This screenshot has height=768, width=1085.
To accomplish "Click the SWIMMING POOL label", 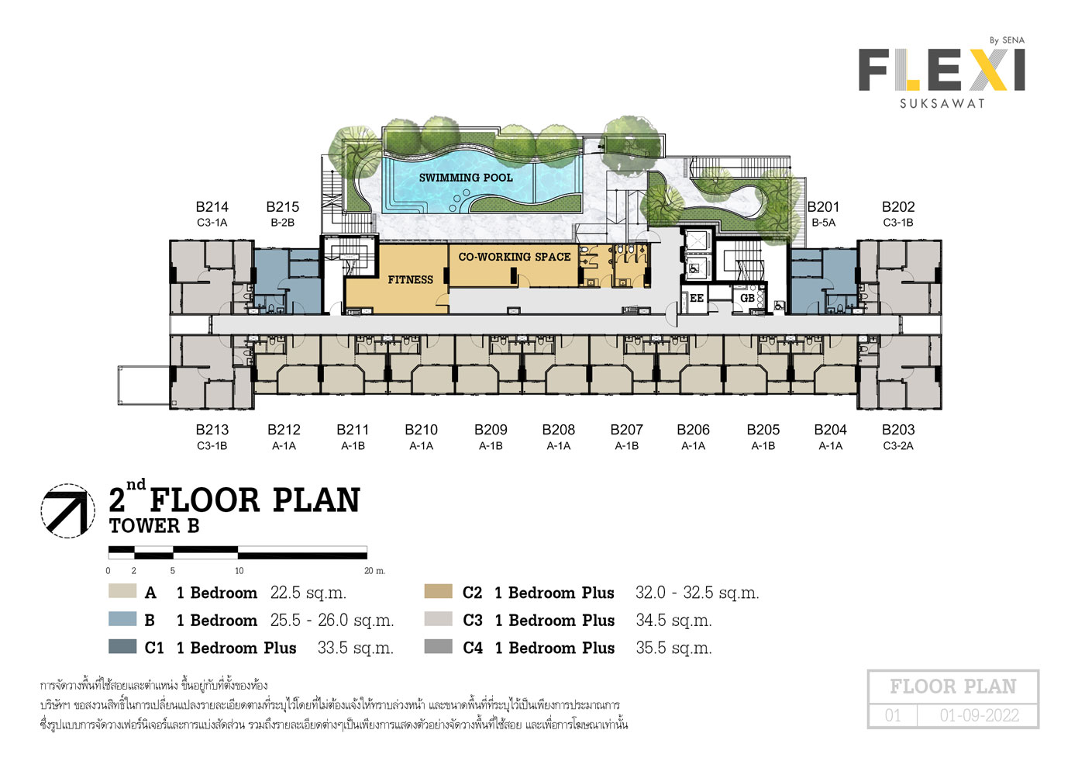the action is [466, 178].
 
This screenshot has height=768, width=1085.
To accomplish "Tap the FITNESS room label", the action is [410, 280].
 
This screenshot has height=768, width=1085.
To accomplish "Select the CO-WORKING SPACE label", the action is [515, 257].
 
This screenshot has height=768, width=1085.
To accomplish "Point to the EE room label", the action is [697, 298].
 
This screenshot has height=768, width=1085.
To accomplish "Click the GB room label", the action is [747, 298].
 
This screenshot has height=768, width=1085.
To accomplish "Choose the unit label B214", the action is [212, 207].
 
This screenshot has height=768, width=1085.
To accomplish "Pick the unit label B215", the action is [283, 207].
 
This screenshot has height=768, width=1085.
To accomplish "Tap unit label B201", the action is [823, 207].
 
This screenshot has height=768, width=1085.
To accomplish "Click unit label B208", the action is [559, 430].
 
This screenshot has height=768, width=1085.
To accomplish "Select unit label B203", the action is [898, 430].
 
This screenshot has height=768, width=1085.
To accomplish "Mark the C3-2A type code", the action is [898, 445].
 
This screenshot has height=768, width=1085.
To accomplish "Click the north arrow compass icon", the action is [67, 510].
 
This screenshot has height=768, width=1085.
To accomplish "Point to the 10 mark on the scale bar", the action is [239, 571].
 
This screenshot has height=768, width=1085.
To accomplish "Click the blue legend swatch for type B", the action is [122, 619].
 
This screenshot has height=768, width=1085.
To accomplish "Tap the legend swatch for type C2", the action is [438, 591].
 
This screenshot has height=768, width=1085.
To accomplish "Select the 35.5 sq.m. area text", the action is [673, 648].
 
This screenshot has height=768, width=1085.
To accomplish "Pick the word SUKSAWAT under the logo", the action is [942, 103].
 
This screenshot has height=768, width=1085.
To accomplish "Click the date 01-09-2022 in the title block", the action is [980, 715].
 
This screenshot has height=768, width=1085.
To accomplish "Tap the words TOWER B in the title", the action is [154, 526].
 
